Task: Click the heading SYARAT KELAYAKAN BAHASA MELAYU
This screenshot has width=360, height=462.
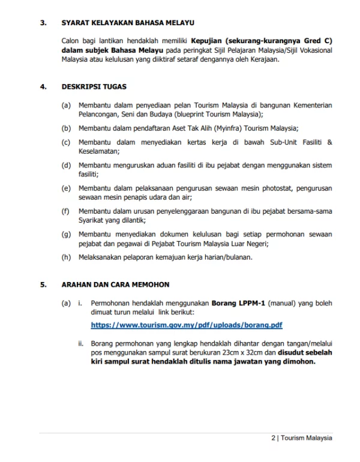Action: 128,23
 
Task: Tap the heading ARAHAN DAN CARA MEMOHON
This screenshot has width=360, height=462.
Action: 115,284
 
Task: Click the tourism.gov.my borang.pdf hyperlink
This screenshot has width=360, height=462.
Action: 186,325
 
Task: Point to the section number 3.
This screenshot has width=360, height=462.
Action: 43,23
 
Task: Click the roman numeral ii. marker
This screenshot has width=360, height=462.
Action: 80,344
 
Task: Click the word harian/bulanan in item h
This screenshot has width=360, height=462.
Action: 225,257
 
